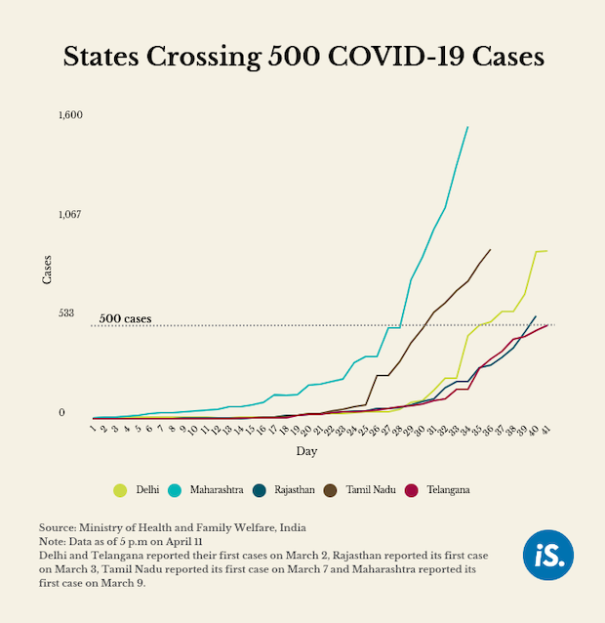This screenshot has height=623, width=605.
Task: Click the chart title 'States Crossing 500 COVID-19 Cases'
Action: [x=302, y=56]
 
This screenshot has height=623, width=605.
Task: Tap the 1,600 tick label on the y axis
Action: [x=70, y=115]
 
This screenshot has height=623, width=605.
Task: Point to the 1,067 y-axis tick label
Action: [x=70, y=214]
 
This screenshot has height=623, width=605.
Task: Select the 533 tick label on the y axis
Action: [x=67, y=313]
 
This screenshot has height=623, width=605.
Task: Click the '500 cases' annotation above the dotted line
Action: [x=125, y=319]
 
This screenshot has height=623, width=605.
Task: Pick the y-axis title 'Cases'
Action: [x=46, y=269]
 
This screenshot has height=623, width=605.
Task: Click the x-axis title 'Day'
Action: [x=306, y=451]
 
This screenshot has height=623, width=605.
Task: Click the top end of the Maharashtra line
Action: [x=467, y=127]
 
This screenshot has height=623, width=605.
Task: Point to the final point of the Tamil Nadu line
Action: [x=490, y=249]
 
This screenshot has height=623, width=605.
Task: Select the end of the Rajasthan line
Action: [x=536, y=315]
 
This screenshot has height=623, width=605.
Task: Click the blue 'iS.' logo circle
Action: [x=548, y=555]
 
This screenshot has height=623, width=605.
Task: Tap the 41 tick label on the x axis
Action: [x=547, y=430]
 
